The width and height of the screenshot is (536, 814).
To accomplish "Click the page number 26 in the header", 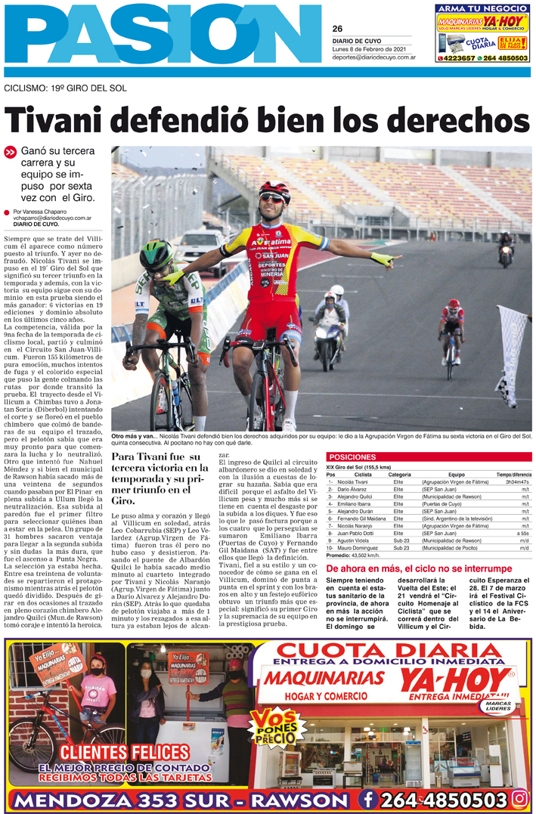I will click(x=337, y=29).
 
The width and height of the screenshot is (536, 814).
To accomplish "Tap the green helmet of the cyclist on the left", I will click(x=156, y=254).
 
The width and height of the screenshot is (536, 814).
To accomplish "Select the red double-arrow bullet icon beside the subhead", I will click(x=11, y=152).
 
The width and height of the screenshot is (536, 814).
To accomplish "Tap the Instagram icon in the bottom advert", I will click(x=519, y=798).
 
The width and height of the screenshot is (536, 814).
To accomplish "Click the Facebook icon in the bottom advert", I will click(x=368, y=799).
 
